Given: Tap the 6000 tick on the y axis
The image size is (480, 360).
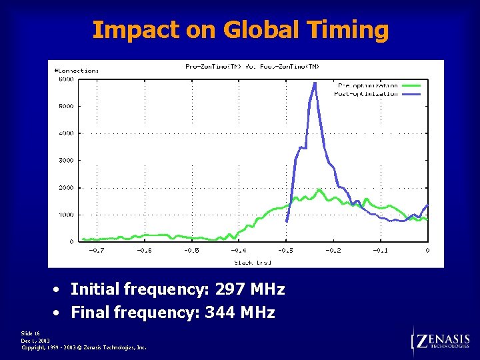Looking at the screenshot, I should tap(65, 79).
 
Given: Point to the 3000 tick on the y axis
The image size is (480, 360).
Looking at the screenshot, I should tap(65, 160).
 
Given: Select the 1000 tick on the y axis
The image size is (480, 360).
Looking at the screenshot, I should tap(65, 215).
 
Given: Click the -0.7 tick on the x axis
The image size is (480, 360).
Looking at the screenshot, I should tap(97, 250).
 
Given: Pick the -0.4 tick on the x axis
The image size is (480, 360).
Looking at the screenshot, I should tap(239, 250).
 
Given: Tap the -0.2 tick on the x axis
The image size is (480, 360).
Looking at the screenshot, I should tap(333, 250).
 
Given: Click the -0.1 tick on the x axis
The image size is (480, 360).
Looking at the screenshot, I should tap(380, 250).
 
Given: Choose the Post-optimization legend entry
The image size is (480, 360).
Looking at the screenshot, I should tap(367, 93).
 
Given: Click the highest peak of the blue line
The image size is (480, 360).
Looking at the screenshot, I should tap(315, 83).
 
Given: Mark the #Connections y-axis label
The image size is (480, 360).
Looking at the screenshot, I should tap(76, 70).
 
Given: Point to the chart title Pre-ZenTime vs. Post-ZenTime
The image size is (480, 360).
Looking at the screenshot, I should tap(252, 66).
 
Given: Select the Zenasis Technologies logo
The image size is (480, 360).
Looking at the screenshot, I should tap(441, 342).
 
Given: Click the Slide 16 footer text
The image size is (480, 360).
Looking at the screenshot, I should tap(31, 333).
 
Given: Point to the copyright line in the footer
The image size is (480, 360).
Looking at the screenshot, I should tap(83, 347).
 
